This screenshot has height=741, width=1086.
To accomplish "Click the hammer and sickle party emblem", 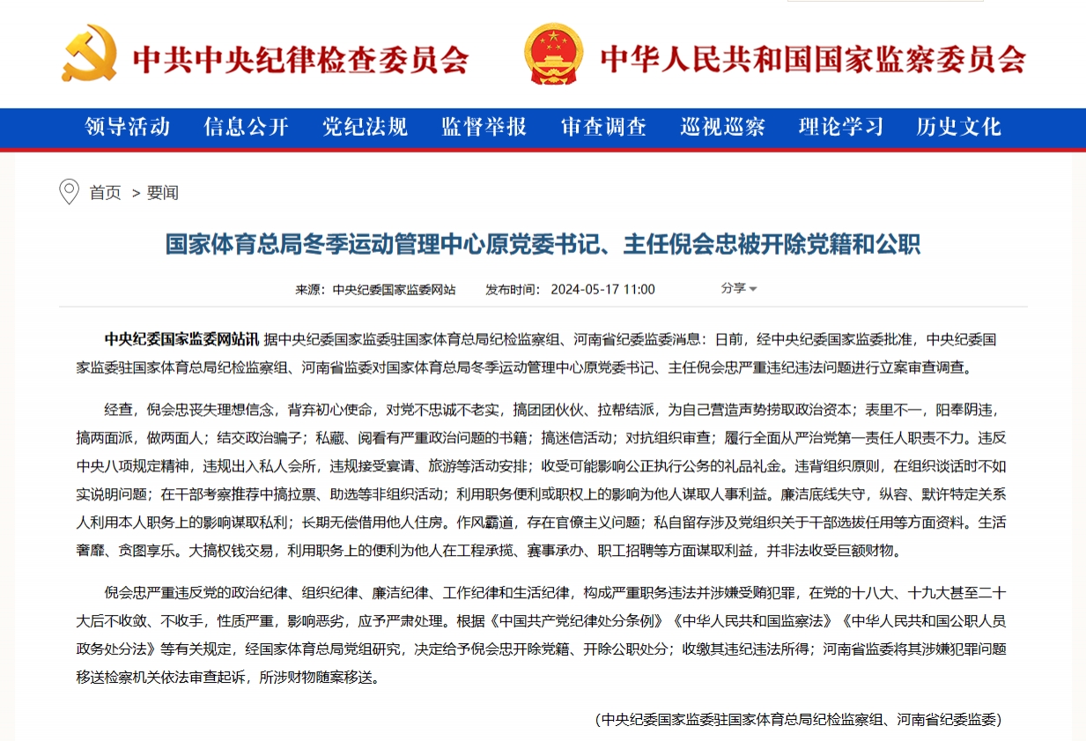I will (89, 54).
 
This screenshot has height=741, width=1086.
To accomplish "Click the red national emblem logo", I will (553, 54).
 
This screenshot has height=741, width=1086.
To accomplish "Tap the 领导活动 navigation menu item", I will (127, 127).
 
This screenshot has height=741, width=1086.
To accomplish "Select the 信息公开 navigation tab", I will (247, 127).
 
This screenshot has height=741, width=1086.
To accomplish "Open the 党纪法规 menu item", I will (365, 127).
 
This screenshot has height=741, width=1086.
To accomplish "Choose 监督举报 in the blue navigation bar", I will (484, 127).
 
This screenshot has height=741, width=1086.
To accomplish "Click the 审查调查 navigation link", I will (603, 127).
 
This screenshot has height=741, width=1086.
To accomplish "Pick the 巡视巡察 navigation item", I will (722, 127).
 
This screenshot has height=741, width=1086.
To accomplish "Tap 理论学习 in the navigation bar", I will (841, 127).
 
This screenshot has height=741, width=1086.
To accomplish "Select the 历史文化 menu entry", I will (958, 127).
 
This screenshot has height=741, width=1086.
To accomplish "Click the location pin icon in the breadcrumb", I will (69, 191).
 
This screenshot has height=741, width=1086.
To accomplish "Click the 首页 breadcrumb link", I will (106, 193).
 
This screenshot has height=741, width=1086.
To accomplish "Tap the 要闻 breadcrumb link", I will (163, 193).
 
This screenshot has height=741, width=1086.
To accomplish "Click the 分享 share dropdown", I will (738, 288).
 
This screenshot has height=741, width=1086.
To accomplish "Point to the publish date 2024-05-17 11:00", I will (602, 289).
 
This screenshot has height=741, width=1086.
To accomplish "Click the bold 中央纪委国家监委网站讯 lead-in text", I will (181, 339).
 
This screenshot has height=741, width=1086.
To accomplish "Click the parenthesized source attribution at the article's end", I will (800, 719).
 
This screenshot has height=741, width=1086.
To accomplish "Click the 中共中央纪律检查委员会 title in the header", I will (300, 60).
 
